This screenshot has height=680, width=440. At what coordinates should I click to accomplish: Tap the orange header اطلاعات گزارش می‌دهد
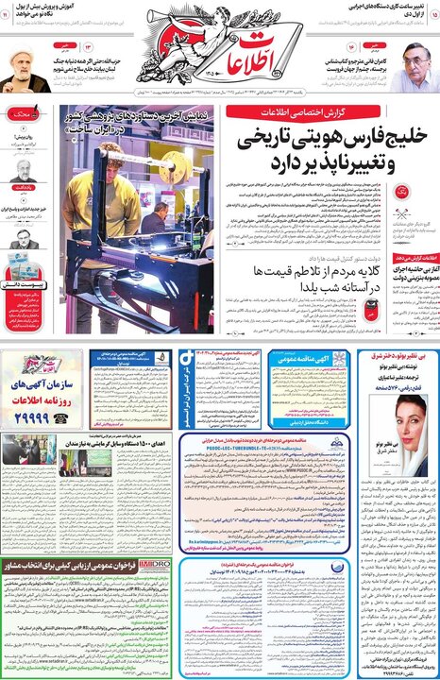(416, 256)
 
